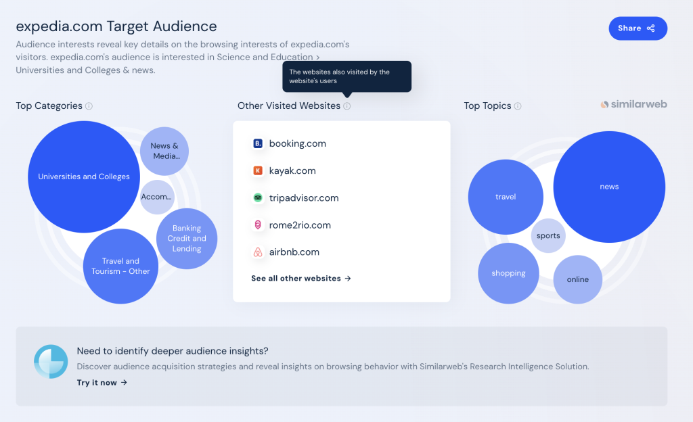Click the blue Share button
[638, 28]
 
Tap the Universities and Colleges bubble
[84, 177]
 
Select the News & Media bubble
[164, 151]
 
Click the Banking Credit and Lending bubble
[187, 238]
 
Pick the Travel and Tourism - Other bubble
[120, 266]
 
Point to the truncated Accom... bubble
[156, 197]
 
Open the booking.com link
[298, 143]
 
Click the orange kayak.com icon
[258, 171]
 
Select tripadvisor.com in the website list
[304, 197]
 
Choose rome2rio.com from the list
[300, 225]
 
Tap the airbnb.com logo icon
[258, 252]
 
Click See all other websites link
[301, 279]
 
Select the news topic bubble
[609, 187]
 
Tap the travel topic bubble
[506, 197]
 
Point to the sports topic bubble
[548, 236]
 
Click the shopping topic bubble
[508, 273]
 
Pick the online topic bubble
[578, 279]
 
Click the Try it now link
[102, 383]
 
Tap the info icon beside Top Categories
[89, 106]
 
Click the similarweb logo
[633, 105]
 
